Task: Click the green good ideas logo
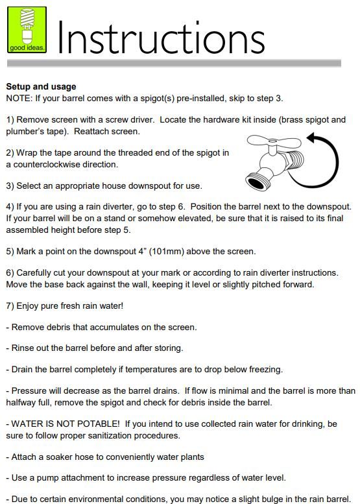pos(27,30)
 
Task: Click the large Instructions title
pos(161,38)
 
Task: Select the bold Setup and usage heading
pos(41,86)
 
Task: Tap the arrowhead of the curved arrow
pos(313,138)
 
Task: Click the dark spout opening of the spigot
pos(256,183)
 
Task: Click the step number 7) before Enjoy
pos(10,306)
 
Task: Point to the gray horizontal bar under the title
pos(174,63)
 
